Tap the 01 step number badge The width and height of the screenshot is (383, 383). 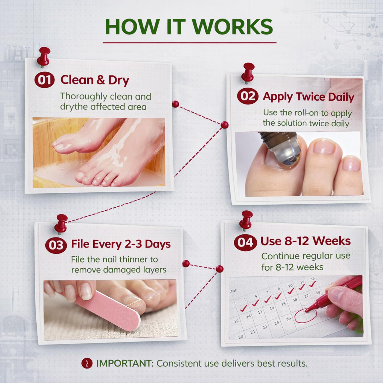tap(44, 80)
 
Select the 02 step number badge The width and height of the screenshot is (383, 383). tap(248, 96)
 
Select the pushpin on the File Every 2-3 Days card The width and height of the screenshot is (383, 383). tap(61, 224)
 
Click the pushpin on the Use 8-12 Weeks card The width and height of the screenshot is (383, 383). tap(246, 220)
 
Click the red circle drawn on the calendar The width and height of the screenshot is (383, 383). tap(305, 315)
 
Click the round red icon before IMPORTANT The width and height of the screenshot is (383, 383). tap(87, 363)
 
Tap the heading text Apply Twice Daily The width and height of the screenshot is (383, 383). tap(308, 97)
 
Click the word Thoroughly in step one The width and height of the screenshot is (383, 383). tap(84, 97)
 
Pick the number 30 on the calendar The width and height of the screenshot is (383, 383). tap(241, 337)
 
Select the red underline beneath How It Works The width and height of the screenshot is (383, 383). tap(189, 42)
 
